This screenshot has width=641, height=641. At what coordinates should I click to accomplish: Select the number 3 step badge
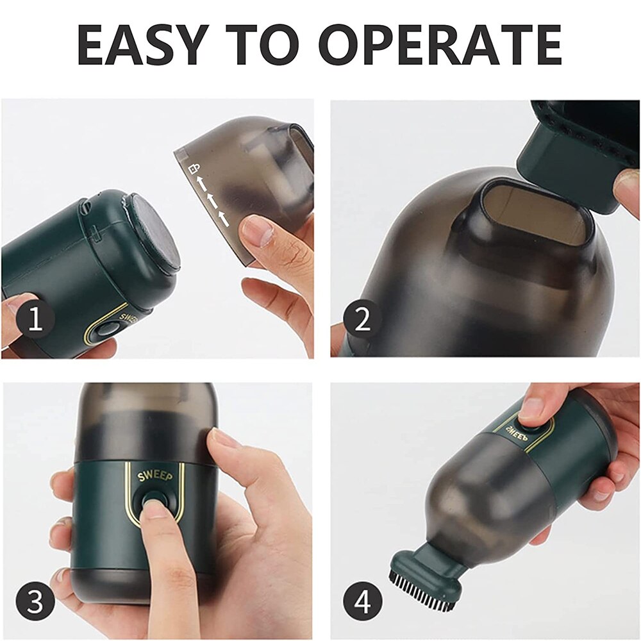[35, 603]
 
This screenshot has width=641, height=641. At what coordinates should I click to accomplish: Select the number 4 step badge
[363, 603]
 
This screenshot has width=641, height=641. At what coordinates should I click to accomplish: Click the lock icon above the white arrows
[191, 168]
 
